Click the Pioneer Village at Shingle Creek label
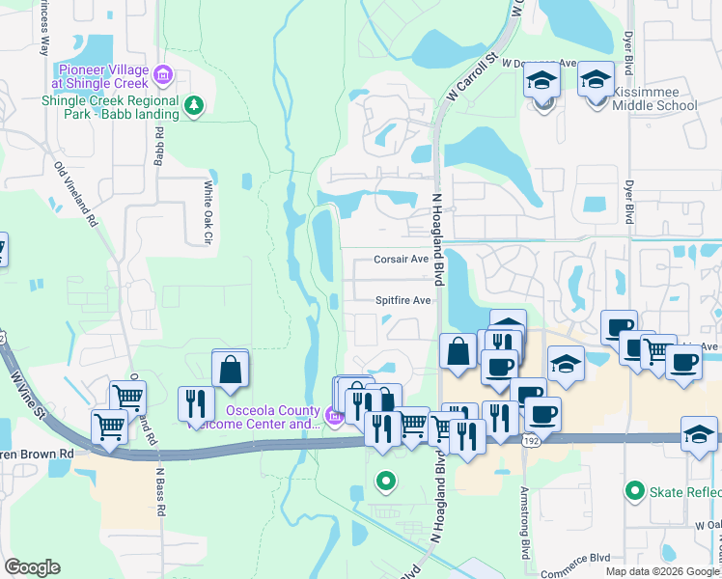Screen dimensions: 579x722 tap(103, 76)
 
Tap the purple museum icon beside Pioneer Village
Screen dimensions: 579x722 tap(163, 72)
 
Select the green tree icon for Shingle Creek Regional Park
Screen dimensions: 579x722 tap(194, 104)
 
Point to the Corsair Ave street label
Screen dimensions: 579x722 tap(402, 260)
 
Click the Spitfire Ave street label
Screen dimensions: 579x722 tap(403, 300)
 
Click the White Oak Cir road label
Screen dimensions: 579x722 tap(207, 212)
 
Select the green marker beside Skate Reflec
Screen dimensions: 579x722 tap(634, 491)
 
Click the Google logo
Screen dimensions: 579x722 tap(32, 567)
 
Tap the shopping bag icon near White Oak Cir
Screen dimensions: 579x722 tap(231, 369)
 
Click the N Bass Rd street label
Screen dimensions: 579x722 tap(161, 492)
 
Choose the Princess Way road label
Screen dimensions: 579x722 tap(42, 29)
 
